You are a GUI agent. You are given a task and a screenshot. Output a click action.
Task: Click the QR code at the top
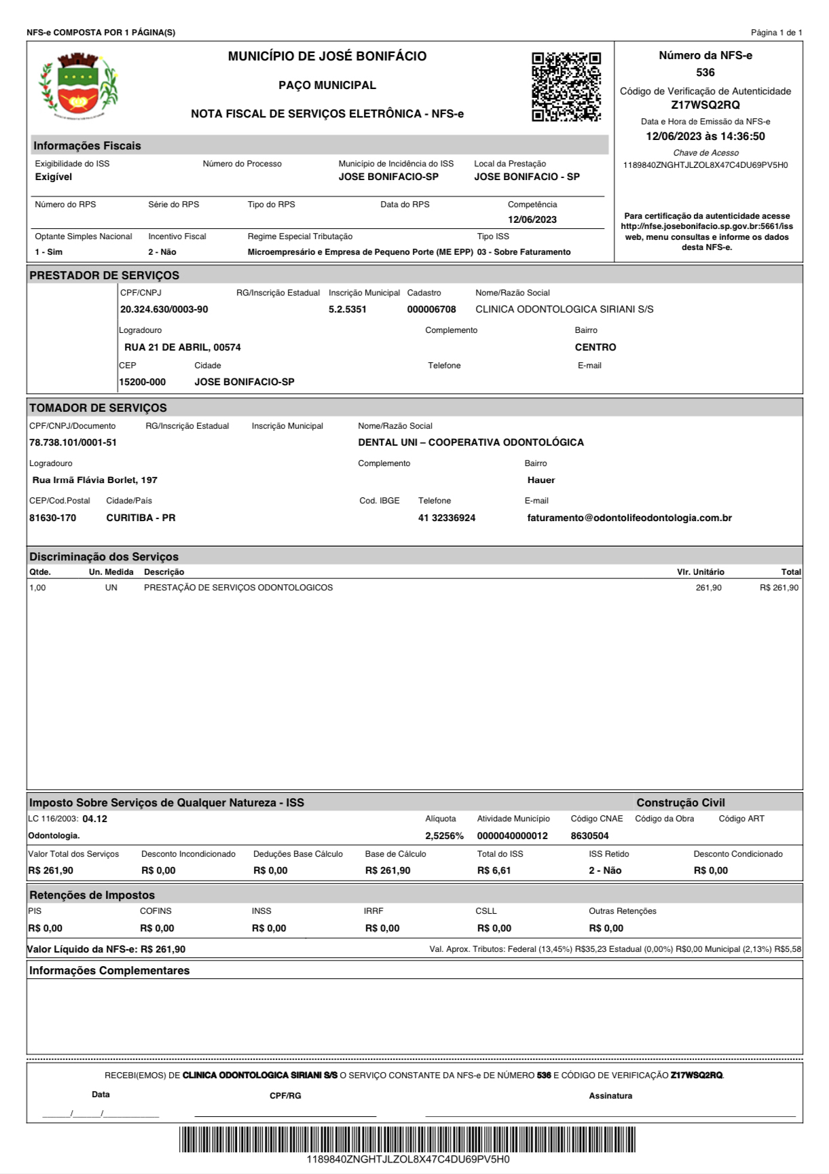pyautogui.click(x=566, y=86)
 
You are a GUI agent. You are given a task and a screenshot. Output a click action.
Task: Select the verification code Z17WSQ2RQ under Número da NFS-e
pyautogui.click(x=705, y=105)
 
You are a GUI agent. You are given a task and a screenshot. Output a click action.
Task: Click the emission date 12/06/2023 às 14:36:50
pyautogui.click(x=705, y=137)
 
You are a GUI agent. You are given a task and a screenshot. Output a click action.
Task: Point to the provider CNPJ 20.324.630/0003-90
pyautogui.click(x=164, y=310)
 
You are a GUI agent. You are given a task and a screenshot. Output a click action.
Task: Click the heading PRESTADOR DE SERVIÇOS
pyautogui.click(x=105, y=275)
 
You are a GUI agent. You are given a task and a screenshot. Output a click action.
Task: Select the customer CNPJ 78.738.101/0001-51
pyautogui.click(x=73, y=443)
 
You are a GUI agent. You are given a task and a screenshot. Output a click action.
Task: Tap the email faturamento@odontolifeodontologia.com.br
pyautogui.click(x=629, y=518)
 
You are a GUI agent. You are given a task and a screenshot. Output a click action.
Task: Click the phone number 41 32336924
pyautogui.click(x=447, y=518)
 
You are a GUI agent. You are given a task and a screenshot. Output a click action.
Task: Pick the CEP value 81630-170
pyautogui.click(x=53, y=518)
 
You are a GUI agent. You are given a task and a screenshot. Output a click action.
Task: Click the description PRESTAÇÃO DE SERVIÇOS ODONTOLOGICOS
pyautogui.click(x=238, y=588)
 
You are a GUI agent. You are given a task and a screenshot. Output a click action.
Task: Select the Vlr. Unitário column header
pyautogui.click(x=700, y=572)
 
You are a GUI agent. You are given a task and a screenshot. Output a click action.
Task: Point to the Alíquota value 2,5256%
pyautogui.click(x=445, y=836)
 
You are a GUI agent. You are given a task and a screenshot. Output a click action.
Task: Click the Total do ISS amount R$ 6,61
pyautogui.click(x=494, y=871)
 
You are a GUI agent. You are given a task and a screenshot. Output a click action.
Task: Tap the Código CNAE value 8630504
pyautogui.click(x=589, y=836)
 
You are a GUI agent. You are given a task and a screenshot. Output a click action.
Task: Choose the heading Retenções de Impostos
pyautogui.click(x=92, y=895)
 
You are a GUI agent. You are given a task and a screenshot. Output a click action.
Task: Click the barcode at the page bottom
pyautogui.click(x=407, y=1139)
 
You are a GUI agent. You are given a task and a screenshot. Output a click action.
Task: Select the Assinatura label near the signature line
pyautogui.click(x=610, y=1096)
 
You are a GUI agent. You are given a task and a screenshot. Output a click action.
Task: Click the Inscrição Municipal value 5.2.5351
pyautogui.click(x=348, y=310)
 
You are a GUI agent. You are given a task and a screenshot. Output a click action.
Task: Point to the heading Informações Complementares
pyautogui.click(x=109, y=971)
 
